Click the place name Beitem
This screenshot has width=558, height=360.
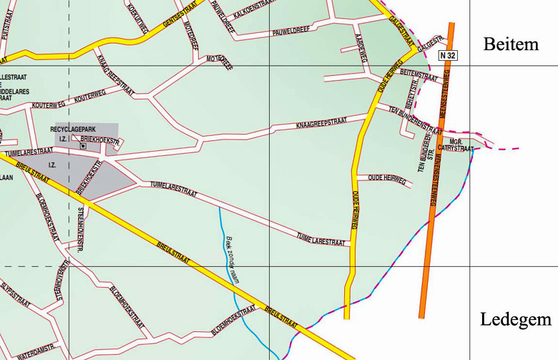click(510, 45)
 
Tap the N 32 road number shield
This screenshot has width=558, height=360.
click(448, 54)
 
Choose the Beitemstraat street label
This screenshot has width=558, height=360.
click(413, 73)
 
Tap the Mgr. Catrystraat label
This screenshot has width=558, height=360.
click(457, 145)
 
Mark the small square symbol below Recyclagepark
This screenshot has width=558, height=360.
click(82, 146)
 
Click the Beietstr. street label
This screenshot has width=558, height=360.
click(413, 90)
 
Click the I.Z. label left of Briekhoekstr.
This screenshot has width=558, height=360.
click(62, 138)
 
